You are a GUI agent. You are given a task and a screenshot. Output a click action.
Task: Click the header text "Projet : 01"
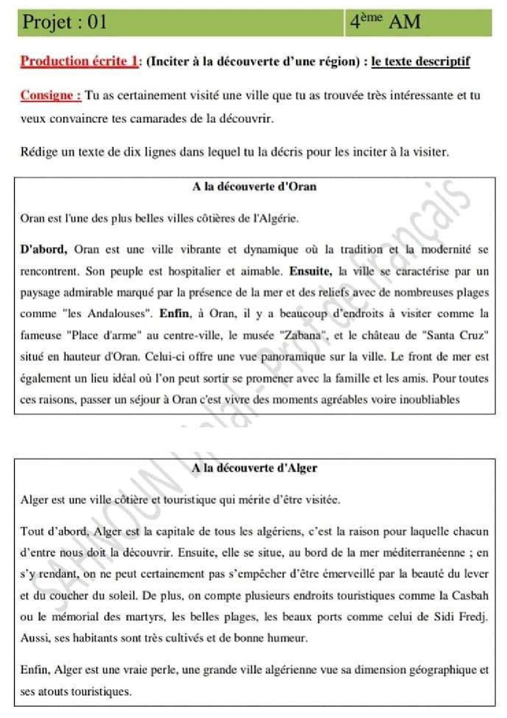(64, 22)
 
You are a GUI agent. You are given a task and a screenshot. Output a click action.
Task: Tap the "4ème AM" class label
(385, 22)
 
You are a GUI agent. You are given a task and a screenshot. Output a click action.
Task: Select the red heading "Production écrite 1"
(79, 61)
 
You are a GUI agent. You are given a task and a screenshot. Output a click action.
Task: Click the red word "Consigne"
(50, 95)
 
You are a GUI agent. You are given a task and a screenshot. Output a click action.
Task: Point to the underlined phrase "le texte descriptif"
(420, 61)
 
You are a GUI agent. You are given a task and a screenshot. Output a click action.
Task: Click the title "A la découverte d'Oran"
(254, 187)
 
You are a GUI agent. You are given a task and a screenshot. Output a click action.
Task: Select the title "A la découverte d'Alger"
(254, 468)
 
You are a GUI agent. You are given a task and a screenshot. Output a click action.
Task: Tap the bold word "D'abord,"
(44, 249)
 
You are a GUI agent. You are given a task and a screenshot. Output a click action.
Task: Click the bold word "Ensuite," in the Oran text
(310, 271)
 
